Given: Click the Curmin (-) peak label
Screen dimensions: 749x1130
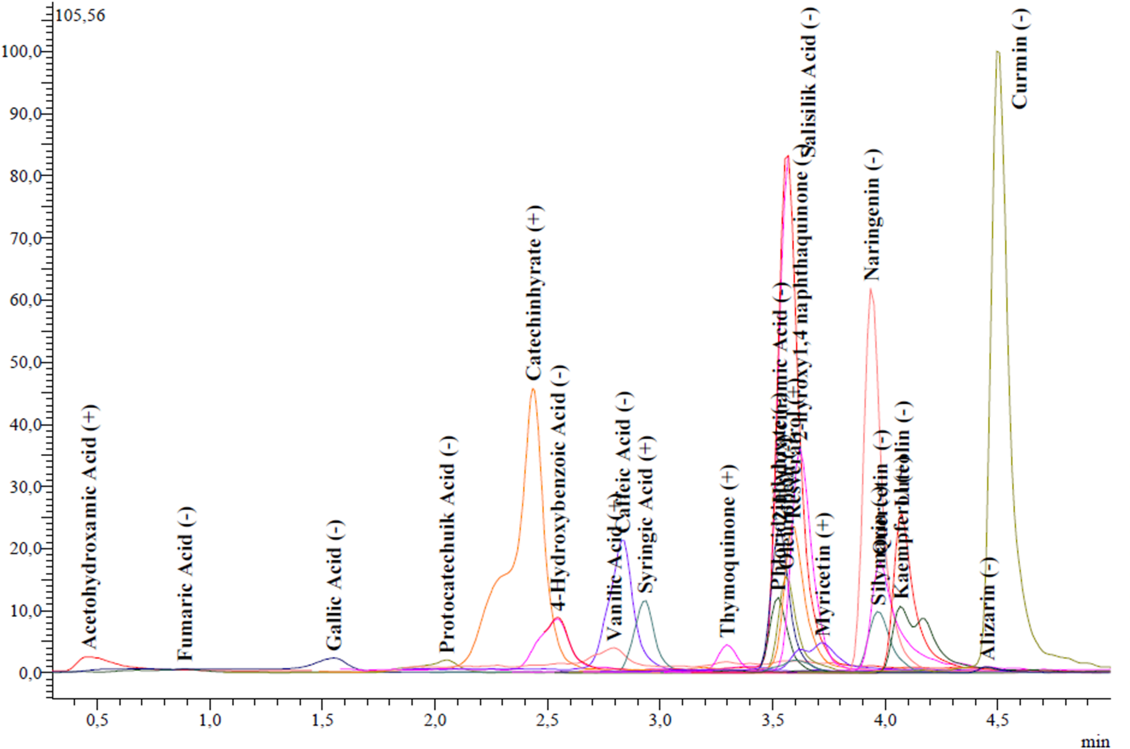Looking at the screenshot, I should tap(1020, 59).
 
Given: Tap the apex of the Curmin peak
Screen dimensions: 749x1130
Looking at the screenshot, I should tap(998, 52).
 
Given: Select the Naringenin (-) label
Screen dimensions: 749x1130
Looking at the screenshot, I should tap(872, 215).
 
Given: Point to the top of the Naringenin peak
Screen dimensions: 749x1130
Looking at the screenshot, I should tap(871, 289).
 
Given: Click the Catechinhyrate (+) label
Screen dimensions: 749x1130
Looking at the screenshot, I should tap(533, 292).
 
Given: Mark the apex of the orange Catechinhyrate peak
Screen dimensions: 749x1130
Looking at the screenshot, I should tap(533, 389).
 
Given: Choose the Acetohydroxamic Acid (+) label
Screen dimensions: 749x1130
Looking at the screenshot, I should tap(89, 527).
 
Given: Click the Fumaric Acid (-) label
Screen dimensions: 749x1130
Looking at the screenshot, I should tap(185, 583).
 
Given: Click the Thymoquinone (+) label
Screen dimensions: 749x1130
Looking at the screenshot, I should tap(728, 552).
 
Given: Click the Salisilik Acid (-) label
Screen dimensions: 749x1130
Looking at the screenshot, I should tap(809, 82).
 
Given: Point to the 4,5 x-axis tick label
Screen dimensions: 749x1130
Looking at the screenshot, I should tap(997, 720).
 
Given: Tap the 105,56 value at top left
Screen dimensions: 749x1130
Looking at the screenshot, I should tap(80, 16).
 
